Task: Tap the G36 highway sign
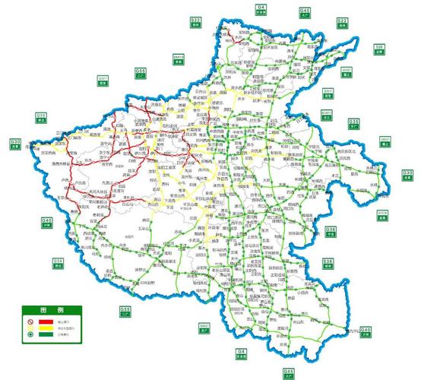(x=331, y=230)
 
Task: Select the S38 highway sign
(x=328, y=264)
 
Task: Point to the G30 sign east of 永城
(x=407, y=176)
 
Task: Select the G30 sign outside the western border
(x=15, y=144)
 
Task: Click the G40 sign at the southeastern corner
(x=366, y=332)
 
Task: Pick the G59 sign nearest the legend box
(x=58, y=264)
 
